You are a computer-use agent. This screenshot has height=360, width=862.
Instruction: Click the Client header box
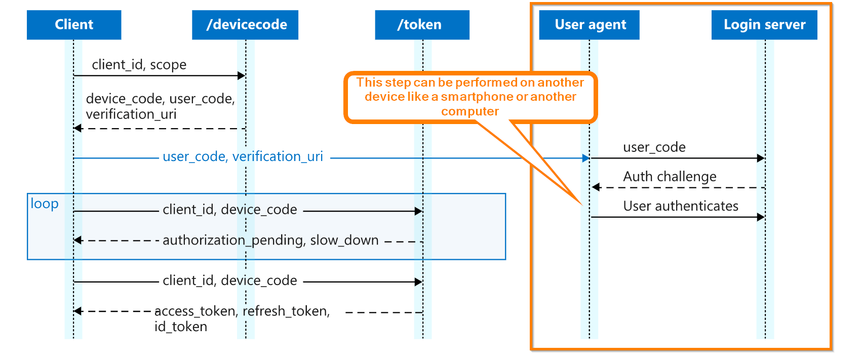click(74, 25)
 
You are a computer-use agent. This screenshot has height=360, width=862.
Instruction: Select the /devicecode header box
click(245, 25)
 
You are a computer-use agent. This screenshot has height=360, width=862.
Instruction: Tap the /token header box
click(422, 25)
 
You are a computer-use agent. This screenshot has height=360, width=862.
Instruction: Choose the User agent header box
click(589, 25)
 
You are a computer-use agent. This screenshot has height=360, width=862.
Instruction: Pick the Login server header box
click(764, 25)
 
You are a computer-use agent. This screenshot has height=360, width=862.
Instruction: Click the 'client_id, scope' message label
click(139, 65)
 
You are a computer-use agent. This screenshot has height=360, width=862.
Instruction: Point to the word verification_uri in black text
click(131, 114)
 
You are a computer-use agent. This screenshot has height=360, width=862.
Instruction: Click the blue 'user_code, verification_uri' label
click(243, 156)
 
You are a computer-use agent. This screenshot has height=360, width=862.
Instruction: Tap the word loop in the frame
click(45, 204)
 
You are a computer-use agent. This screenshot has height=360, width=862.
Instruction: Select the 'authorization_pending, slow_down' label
click(270, 240)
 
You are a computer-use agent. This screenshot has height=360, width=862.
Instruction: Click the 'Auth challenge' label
click(670, 177)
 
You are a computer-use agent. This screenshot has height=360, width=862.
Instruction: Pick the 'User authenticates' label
click(681, 206)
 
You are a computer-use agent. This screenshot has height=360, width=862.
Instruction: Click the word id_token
click(181, 327)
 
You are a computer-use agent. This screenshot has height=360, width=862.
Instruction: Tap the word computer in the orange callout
click(470, 111)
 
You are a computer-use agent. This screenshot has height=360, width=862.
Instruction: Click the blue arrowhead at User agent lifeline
click(586, 158)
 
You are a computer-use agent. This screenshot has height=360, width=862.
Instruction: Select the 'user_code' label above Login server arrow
click(654, 147)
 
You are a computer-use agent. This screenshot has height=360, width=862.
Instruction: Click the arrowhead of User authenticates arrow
click(761, 217)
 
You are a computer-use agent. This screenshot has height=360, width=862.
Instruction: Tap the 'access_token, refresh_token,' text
click(242, 311)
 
